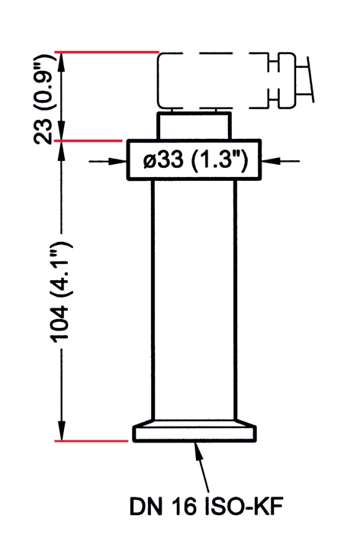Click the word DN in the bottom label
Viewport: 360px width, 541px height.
(146, 506)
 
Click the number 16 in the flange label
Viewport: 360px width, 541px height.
(186, 506)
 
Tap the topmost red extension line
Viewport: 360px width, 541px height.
(107, 53)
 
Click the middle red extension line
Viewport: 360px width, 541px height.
(91, 140)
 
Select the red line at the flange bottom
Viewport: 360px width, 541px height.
(91, 440)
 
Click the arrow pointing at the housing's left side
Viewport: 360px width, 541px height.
(118, 160)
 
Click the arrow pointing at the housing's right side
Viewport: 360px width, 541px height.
(271, 160)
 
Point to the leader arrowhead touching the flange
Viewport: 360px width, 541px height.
(199, 450)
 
